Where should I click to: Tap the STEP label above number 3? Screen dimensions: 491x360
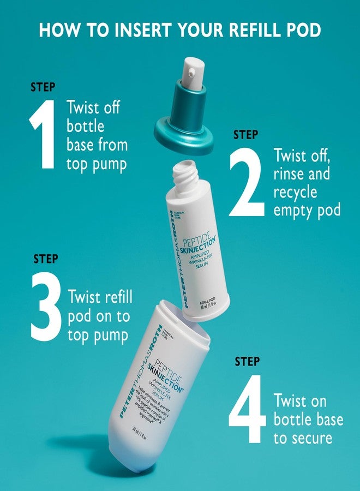[46, 259]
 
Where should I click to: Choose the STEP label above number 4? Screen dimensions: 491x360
[247, 361]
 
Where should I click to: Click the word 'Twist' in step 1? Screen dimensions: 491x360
[85, 107]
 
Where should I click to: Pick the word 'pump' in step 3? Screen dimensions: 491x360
[109, 334]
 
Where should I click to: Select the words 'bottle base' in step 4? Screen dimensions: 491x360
[308, 420]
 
